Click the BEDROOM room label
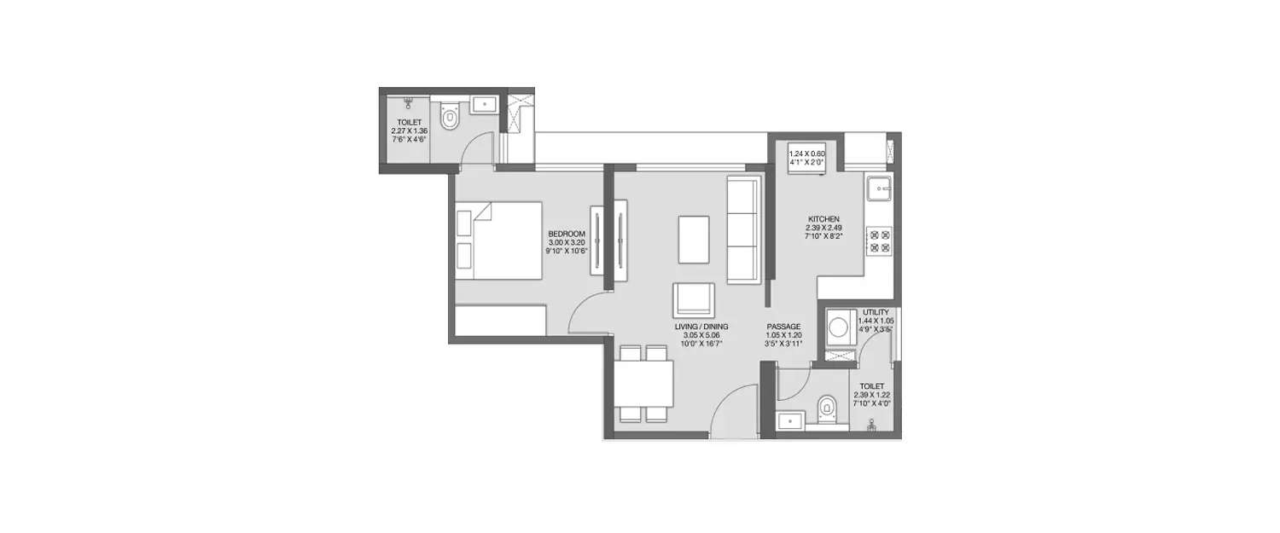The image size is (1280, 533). (567, 234)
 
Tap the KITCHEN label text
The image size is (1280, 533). (823, 219)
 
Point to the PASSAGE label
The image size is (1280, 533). (783, 326)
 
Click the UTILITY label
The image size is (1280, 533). (876, 312)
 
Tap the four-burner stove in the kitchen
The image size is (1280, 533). (879, 240)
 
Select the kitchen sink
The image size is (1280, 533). (878, 188)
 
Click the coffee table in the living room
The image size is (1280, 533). (693, 240)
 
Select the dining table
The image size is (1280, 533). (644, 384)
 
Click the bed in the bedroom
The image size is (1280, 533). (499, 240)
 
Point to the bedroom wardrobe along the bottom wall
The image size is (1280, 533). (500, 321)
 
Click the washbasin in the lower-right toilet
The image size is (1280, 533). (790, 420)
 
